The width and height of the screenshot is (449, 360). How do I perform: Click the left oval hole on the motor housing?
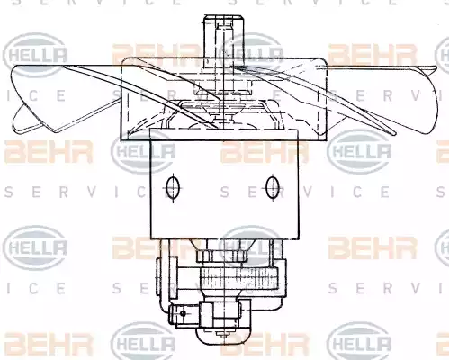click(173, 188)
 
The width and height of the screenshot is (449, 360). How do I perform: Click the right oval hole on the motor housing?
click(273, 188)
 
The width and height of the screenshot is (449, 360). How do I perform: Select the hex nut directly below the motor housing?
click(221, 256)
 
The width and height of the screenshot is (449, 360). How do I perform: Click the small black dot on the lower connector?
click(184, 313)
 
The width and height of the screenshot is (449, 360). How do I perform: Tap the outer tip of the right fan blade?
click(436, 68)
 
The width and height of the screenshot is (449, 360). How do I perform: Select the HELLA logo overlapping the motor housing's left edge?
click(143, 152)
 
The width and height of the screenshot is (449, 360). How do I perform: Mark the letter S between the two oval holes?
click(225, 192)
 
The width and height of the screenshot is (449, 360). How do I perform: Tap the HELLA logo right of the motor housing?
click(359, 152)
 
